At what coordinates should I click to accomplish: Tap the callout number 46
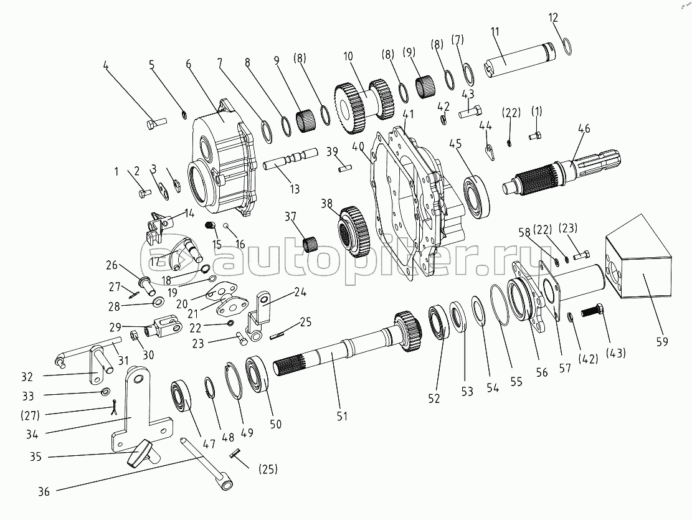[584, 130]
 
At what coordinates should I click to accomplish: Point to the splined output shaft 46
[548, 174]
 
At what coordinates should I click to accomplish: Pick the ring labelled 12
[567, 46]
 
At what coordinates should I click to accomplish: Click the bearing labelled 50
[256, 373]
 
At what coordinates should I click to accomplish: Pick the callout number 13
[294, 189]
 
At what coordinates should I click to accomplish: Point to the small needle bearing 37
[310, 242]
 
